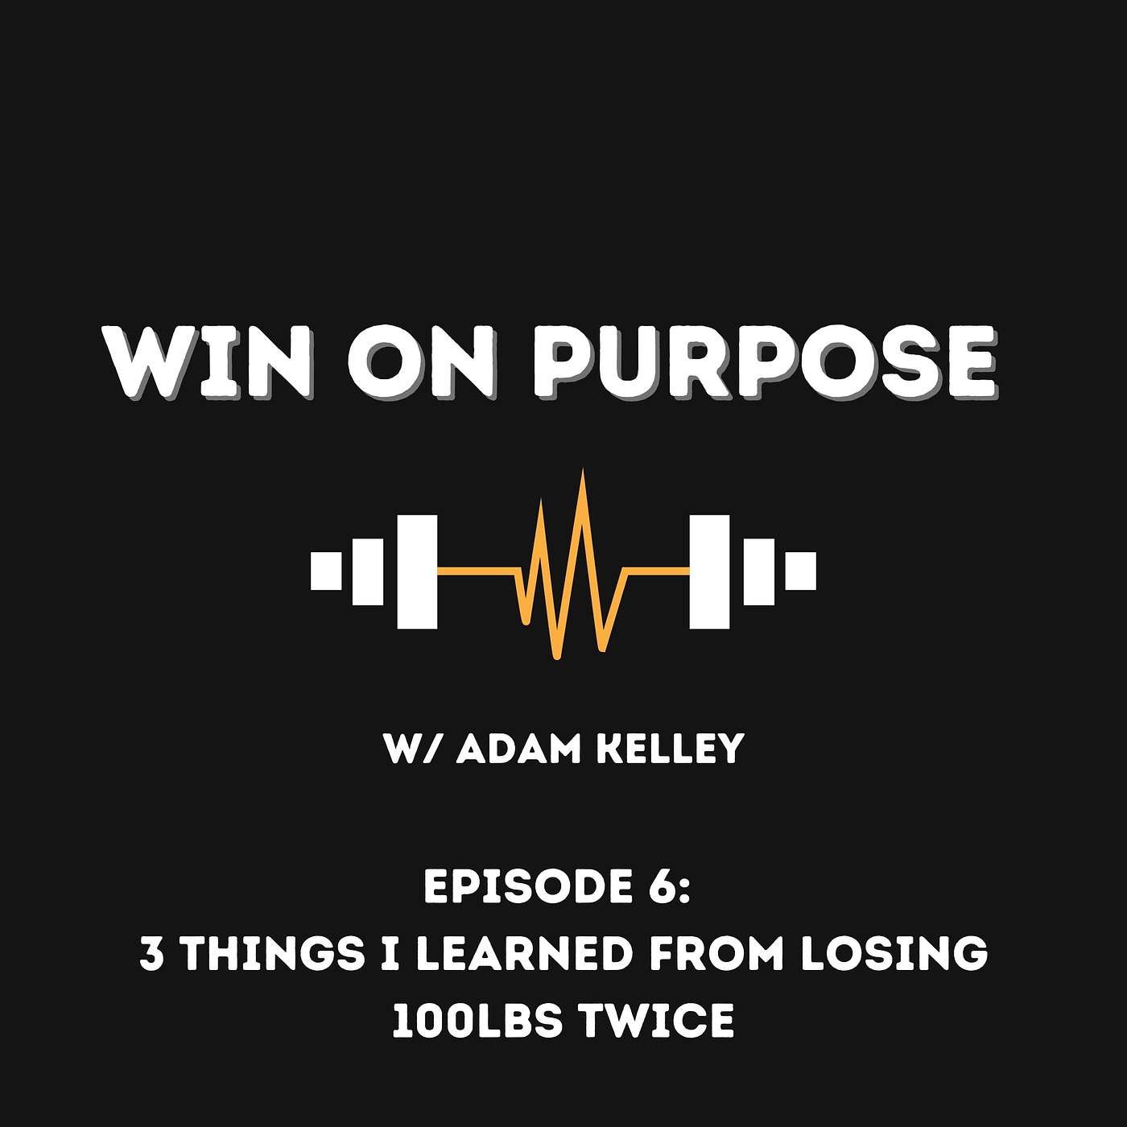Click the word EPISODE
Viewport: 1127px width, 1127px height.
pyautogui.click(x=520, y=887)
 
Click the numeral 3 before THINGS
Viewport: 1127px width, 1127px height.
pyautogui.click(x=151, y=953)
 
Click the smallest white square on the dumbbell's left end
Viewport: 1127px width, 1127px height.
pyautogui.click(x=326, y=571)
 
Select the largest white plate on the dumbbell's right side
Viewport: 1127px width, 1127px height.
pyautogui.click(x=709, y=572)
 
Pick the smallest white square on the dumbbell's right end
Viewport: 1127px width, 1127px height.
pyautogui.click(x=800, y=571)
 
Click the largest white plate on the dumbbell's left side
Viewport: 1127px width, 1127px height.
pyautogui.click(x=417, y=572)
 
